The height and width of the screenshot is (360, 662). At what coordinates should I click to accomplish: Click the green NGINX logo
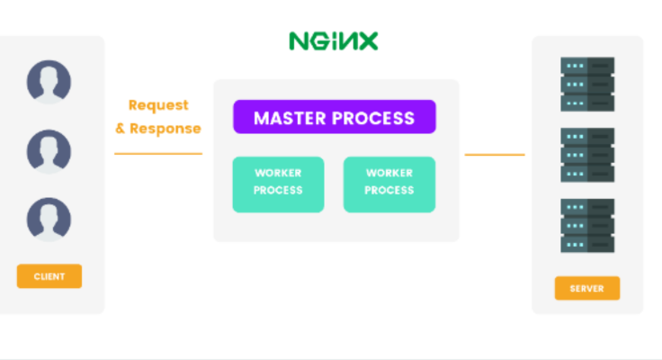pyautogui.click(x=334, y=40)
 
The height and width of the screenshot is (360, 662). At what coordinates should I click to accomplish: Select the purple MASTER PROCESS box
pyautogui.click(x=334, y=117)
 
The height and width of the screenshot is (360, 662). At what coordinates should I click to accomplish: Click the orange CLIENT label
pyautogui.click(x=49, y=276)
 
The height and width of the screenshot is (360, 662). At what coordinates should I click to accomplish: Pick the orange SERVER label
pyautogui.click(x=586, y=289)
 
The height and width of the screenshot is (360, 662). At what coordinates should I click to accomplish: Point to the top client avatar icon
pyautogui.click(x=49, y=81)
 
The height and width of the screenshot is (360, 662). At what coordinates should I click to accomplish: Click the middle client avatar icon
pyautogui.click(x=49, y=149)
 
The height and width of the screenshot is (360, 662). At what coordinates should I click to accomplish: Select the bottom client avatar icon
pyautogui.click(x=49, y=219)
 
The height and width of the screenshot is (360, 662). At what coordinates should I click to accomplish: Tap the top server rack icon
pyautogui.click(x=586, y=85)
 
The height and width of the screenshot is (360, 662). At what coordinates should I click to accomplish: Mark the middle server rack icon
pyautogui.click(x=586, y=155)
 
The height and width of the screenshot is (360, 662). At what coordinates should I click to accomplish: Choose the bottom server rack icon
pyautogui.click(x=586, y=226)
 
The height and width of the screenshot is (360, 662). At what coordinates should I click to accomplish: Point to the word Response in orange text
pyautogui.click(x=165, y=129)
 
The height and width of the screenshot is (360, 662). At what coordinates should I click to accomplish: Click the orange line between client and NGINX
pyautogui.click(x=158, y=154)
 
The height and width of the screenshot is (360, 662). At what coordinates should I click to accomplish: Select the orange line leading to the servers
pyautogui.click(x=494, y=155)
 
